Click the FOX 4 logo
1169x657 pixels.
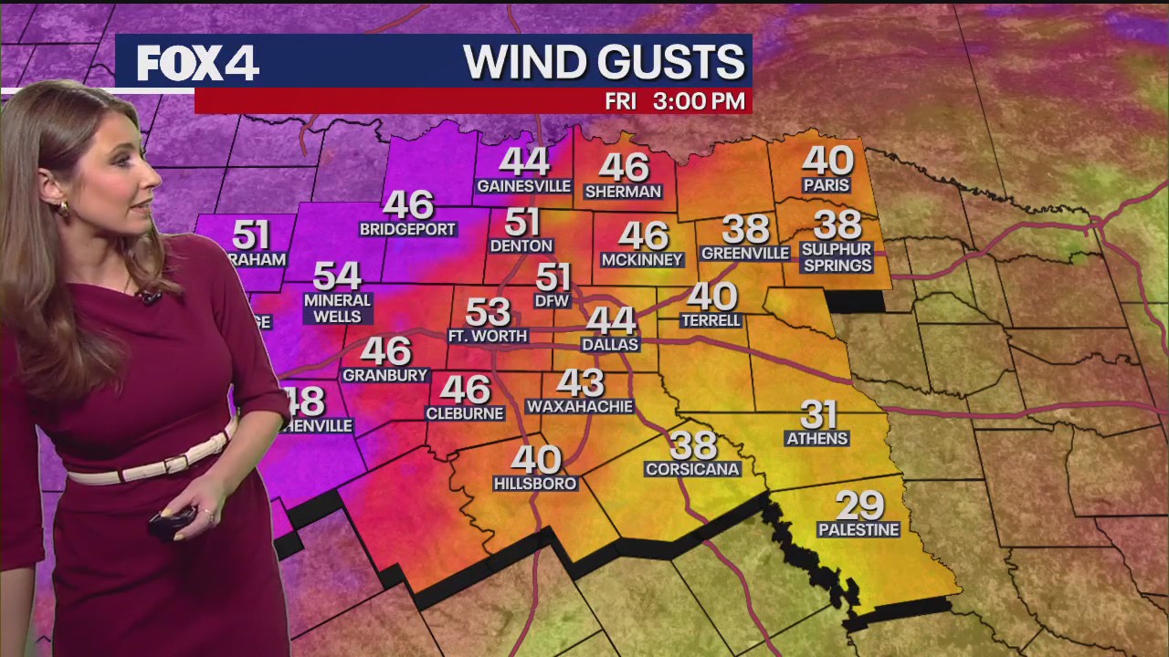197,63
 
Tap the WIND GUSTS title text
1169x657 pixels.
604,62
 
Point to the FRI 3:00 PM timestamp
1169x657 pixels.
675,101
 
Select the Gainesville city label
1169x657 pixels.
523,186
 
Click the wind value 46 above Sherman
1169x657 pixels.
624,167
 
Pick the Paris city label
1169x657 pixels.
827,185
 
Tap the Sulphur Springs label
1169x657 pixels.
837,257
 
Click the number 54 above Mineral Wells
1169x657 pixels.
337,275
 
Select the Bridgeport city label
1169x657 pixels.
407,230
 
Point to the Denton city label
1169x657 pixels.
521,245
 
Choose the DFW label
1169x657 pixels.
553,300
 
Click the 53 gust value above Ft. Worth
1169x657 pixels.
488,312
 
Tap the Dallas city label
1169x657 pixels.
610,345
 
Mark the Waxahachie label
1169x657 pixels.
580,406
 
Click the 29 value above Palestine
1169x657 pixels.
859,505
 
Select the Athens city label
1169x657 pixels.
817,439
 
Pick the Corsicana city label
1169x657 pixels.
692,469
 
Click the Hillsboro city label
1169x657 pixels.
535,484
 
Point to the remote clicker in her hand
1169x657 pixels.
172,522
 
